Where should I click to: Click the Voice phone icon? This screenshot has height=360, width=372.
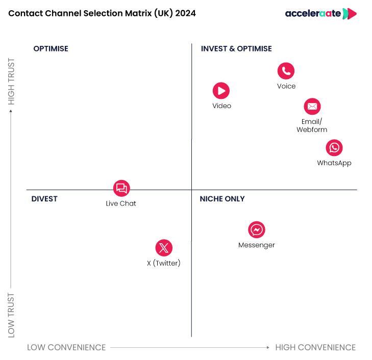[x=286, y=71]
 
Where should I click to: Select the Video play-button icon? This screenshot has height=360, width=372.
[x=221, y=91]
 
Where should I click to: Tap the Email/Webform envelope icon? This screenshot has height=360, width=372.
[x=312, y=107]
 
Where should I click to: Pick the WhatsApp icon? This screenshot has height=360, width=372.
[x=334, y=148]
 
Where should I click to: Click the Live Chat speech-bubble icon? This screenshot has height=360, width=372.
[x=121, y=188]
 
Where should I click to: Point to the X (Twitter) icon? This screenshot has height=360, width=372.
[x=164, y=248]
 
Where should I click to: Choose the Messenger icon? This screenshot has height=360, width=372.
[x=257, y=230]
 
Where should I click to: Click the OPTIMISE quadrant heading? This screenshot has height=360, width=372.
[x=51, y=49]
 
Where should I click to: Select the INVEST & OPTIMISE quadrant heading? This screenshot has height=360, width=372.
[x=236, y=49]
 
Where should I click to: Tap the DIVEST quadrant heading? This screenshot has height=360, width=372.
[x=44, y=199]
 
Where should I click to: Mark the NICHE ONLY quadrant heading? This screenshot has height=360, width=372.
[x=222, y=199]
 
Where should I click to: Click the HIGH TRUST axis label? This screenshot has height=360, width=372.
[x=12, y=82]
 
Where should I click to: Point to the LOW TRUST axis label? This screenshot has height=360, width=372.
[x=12, y=315]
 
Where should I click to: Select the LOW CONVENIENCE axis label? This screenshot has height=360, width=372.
[x=66, y=348]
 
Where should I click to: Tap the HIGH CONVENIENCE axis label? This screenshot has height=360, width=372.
[x=315, y=348]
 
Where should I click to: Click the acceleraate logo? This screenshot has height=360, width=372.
[x=320, y=14]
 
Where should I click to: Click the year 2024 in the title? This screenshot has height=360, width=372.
[x=185, y=14]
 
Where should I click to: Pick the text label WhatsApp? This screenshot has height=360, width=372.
[x=334, y=163]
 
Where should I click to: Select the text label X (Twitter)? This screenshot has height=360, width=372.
[x=164, y=264]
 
